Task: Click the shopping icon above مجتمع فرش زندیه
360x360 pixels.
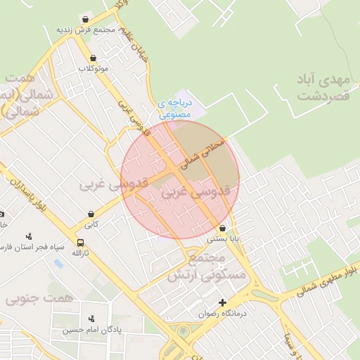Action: click(x=86, y=20)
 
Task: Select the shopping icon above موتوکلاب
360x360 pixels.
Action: click(x=93, y=58)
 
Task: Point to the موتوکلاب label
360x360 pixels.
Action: click(x=94, y=68)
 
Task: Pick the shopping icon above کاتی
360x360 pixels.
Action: click(x=91, y=214)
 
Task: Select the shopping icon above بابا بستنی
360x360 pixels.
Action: click(x=223, y=229)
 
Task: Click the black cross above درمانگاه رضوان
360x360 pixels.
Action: click(x=223, y=302)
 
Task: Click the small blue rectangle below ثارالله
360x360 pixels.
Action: click(x=58, y=264)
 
